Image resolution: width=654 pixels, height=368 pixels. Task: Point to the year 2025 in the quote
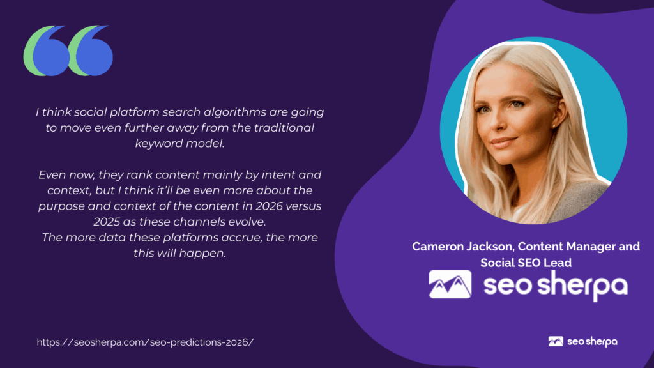tap(107, 222)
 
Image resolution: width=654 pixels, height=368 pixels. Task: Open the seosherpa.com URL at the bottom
tap(145, 342)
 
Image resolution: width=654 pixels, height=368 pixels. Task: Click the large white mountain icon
tap(450, 284)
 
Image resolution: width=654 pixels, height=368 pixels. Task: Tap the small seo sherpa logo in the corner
tap(582, 341)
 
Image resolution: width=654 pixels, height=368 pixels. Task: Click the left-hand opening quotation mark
tap(45, 50)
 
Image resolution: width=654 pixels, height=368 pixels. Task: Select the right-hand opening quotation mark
tap(91, 50)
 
